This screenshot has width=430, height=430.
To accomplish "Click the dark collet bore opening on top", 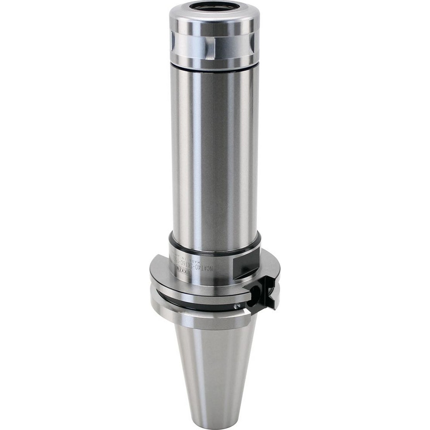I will (214, 6).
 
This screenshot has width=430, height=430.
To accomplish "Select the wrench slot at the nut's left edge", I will (173, 41).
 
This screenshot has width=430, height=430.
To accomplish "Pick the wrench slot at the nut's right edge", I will (252, 42).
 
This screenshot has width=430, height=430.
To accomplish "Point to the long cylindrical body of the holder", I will (214, 155).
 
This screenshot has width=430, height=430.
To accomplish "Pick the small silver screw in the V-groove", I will (236, 306).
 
